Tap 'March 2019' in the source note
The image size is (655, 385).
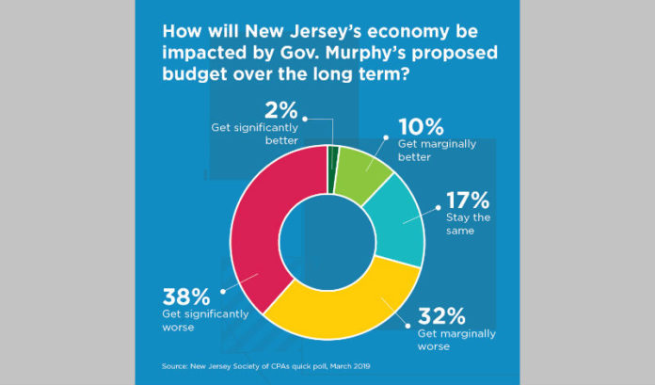(x=361, y=363)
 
